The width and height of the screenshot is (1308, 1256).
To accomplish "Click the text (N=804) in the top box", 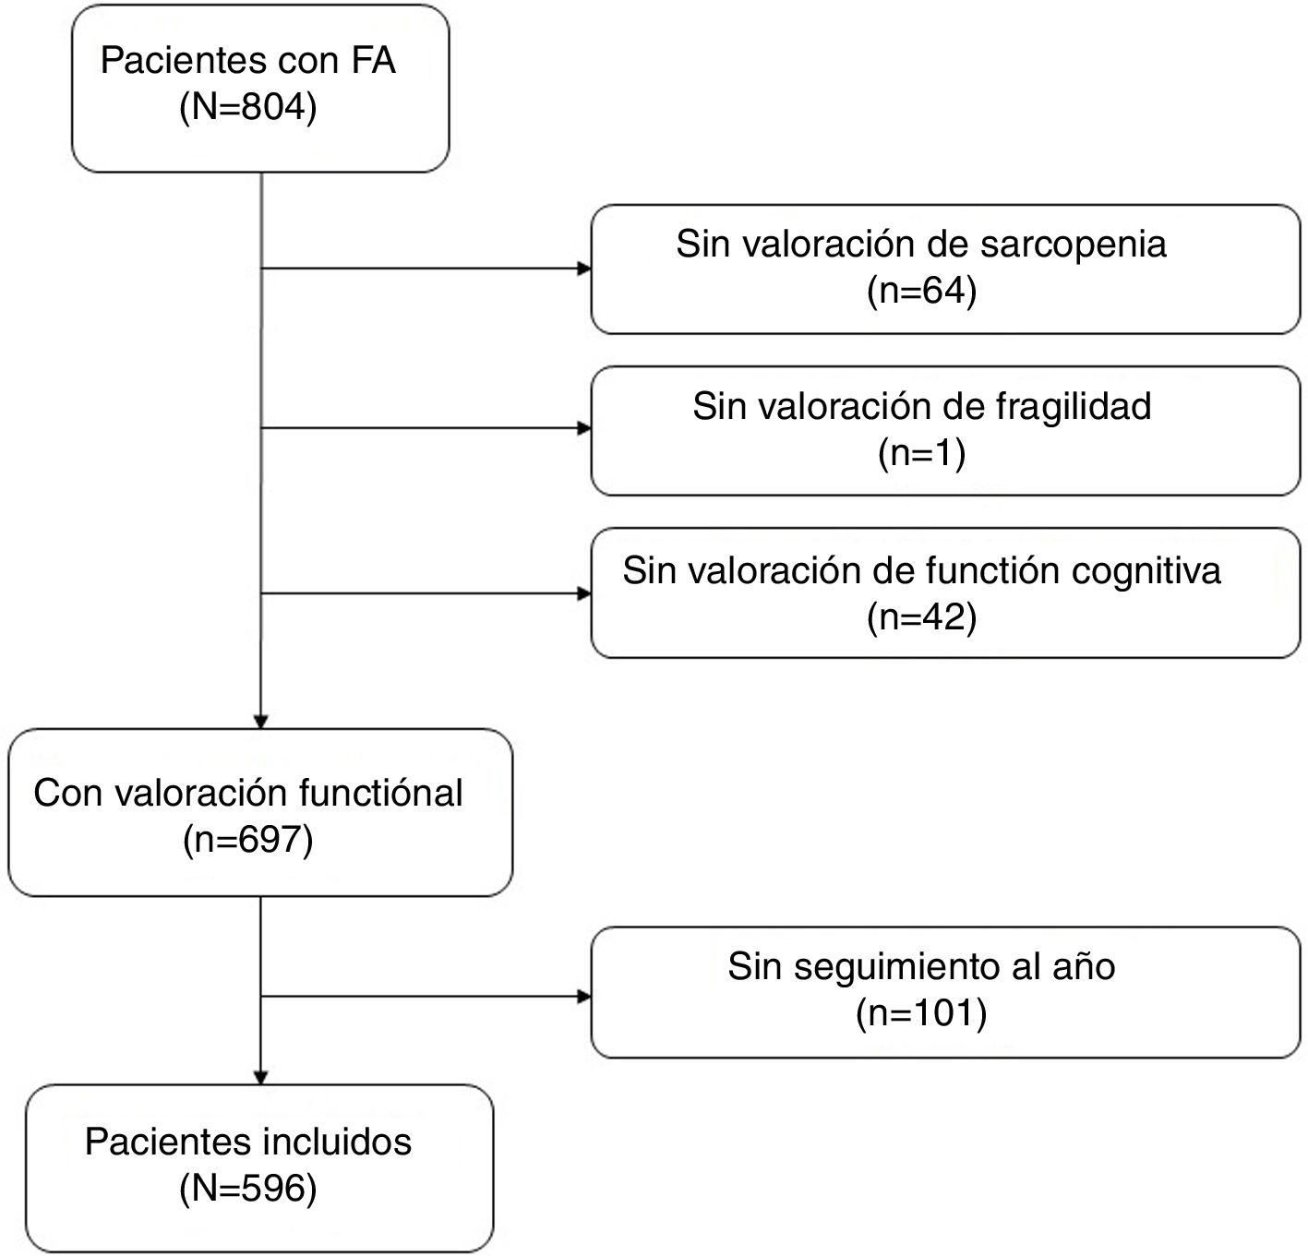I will click(x=248, y=108).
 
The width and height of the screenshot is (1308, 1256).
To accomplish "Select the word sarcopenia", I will click(x=1074, y=245).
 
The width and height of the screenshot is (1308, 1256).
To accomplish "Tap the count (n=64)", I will click(x=921, y=291).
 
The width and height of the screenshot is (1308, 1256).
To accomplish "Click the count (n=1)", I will click(x=921, y=453).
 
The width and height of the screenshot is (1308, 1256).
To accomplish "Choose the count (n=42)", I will click(x=921, y=616).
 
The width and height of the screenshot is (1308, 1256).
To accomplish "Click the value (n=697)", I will click(x=248, y=840).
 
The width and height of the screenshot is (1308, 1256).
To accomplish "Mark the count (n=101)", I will click(x=921, y=1013).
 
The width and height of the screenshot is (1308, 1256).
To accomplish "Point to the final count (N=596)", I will click(x=248, y=1189).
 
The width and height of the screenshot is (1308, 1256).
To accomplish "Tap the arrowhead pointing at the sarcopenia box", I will click(x=584, y=269).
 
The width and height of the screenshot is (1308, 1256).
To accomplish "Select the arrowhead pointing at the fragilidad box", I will click(x=584, y=428).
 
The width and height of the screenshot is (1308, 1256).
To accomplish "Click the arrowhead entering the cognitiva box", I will click(x=584, y=593).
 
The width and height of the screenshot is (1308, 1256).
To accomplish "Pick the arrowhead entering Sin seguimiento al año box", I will click(x=584, y=997).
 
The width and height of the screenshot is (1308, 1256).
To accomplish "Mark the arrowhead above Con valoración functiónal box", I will click(x=261, y=722).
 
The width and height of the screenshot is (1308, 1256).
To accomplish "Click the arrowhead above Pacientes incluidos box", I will click(x=261, y=1077).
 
